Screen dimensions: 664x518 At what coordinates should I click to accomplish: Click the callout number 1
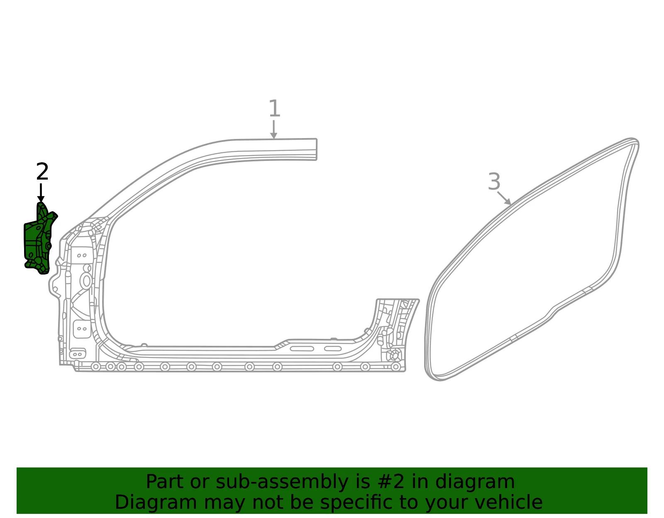point(274,108)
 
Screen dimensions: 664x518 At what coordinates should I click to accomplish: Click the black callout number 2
point(42,172)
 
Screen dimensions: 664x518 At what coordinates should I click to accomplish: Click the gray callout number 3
point(494,182)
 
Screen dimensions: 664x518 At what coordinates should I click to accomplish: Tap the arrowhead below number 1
point(274,136)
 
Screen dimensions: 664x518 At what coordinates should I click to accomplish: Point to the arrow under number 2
point(41,192)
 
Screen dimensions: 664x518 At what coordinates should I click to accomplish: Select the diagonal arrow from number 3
point(504,198)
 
